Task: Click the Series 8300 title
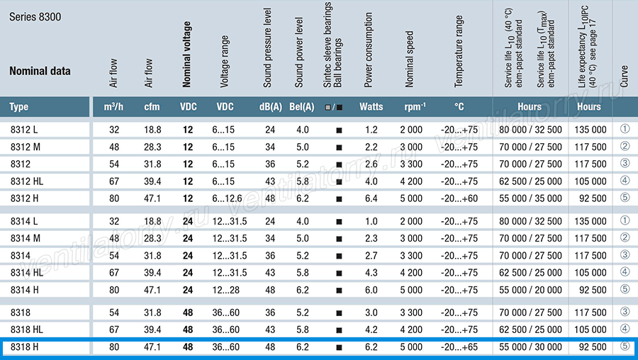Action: point(35,17)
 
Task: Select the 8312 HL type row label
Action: point(27,181)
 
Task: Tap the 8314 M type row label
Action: point(26,238)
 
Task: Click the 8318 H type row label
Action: point(24,347)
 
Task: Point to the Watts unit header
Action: point(371,106)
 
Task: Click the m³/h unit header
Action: point(113,106)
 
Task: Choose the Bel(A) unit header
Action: point(302,106)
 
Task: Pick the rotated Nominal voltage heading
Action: point(186,55)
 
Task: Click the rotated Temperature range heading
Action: point(459,51)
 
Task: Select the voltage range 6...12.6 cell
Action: point(227,198)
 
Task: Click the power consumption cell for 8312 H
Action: point(371,198)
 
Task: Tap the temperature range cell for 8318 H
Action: point(459,347)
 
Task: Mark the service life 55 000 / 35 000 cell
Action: point(530,198)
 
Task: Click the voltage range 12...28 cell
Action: point(226,290)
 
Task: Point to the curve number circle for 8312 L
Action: point(625,129)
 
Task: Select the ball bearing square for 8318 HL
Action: point(339,330)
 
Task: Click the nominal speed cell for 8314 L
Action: point(411,221)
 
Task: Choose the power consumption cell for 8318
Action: point(371,313)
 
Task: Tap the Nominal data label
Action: point(40,71)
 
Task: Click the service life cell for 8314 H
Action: point(530,290)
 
